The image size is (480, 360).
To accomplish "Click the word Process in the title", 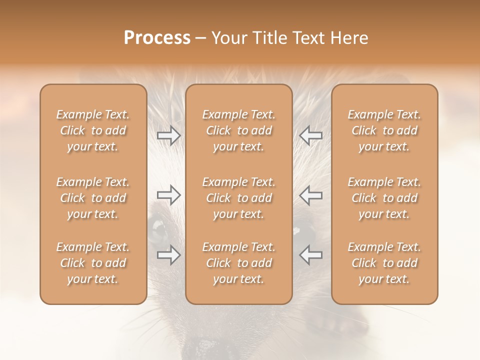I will click(x=157, y=38).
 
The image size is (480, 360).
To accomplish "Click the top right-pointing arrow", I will click(x=168, y=135).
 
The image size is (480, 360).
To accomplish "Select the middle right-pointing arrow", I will click(x=168, y=195).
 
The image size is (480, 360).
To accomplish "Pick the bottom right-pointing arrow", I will click(x=168, y=255).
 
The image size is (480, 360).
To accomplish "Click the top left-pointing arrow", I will click(x=310, y=135).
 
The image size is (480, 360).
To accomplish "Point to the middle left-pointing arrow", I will click(x=310, y=195).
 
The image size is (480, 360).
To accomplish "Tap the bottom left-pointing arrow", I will click(x=310, y=255).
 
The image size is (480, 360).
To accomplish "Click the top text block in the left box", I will click(x=93, y=130).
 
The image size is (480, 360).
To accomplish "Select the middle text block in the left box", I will click(x=93, y=198).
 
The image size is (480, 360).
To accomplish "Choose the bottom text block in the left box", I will click(x=93, y=263).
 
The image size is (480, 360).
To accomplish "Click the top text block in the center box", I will click(x=239, y=130).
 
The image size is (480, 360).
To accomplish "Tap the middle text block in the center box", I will click(x=239, y=198).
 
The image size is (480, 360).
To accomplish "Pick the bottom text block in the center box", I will click(x=239, y=263).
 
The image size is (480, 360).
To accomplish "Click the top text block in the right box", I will click(x=384, y=130).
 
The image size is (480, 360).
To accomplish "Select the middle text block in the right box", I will click(x=384, y=198).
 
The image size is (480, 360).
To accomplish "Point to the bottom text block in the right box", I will click(x=384, y=263).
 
